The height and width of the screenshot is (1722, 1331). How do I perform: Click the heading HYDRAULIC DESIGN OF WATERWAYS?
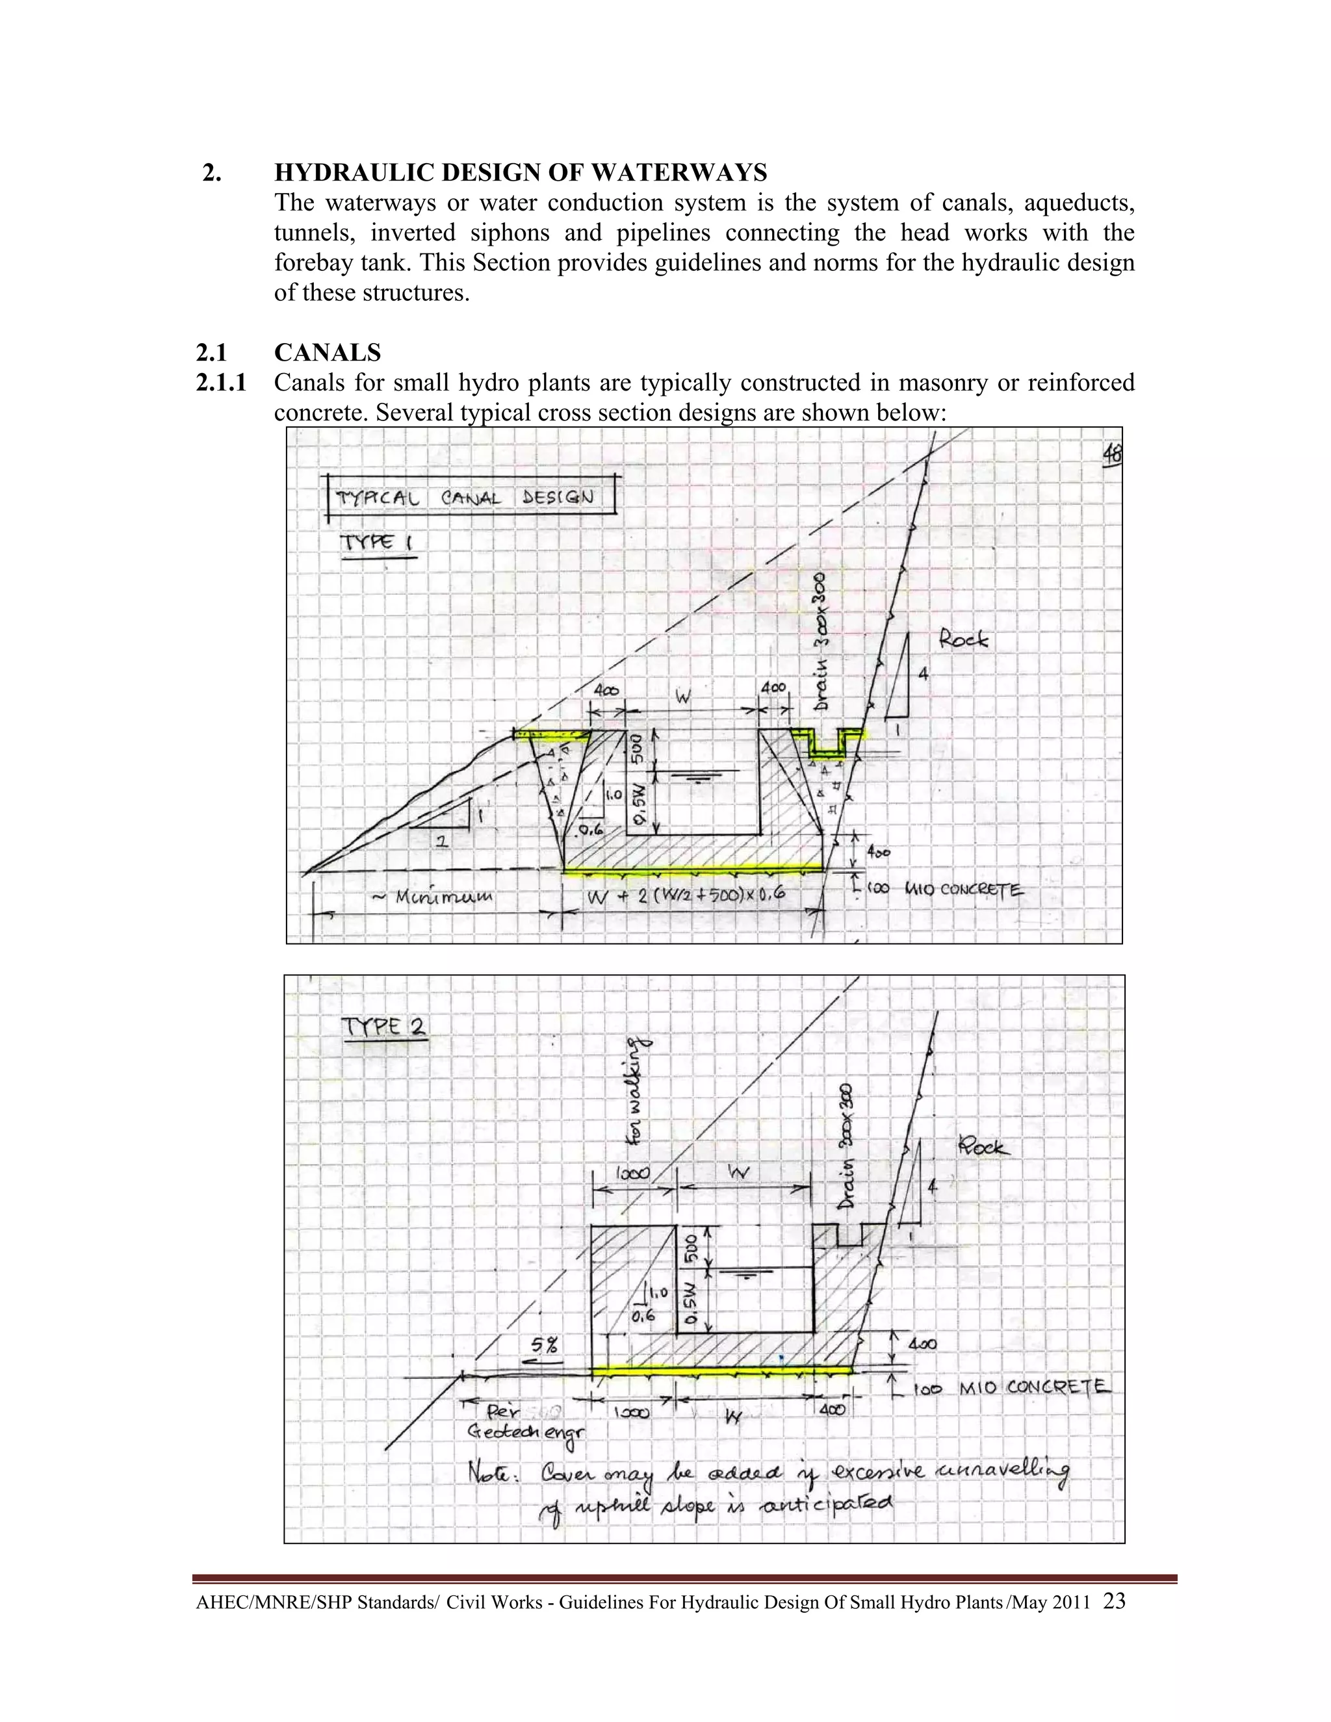[521, 172]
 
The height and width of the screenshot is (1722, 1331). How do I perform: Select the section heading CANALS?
[328, 352]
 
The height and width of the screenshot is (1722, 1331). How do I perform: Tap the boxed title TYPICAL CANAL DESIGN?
[465, 498]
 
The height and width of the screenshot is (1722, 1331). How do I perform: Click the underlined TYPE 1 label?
[376, 543]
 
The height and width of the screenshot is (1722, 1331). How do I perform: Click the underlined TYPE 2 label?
[383, 1027]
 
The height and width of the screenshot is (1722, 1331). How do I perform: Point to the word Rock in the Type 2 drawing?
[983, 1145]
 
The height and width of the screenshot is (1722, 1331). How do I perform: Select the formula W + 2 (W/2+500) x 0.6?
[686, 895]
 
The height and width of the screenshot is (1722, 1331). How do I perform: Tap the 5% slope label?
[545, 1341]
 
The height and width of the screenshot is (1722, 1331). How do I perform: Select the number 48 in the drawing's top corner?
[1113, 454]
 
